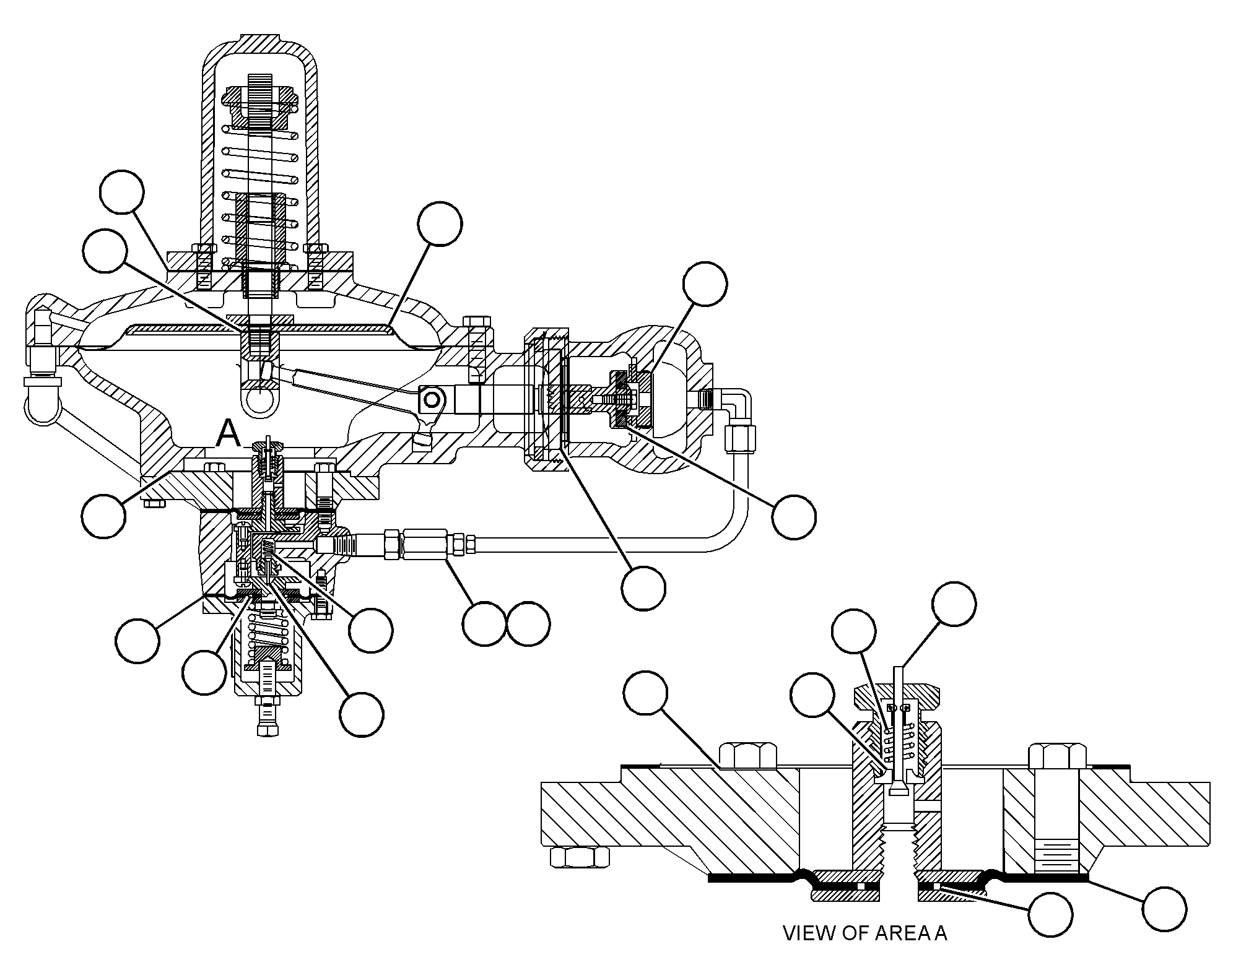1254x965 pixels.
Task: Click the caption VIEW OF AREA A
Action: [x=865, y=933]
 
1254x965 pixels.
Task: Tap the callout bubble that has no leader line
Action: [x=528, y=623]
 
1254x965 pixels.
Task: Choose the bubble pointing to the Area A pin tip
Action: [x=954, y=604]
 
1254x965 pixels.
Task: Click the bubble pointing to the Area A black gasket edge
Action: [x=1164, y=909]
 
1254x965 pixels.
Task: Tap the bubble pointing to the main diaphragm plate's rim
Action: [x=440, y=223]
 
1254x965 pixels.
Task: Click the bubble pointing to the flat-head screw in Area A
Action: [x=814, y=695]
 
